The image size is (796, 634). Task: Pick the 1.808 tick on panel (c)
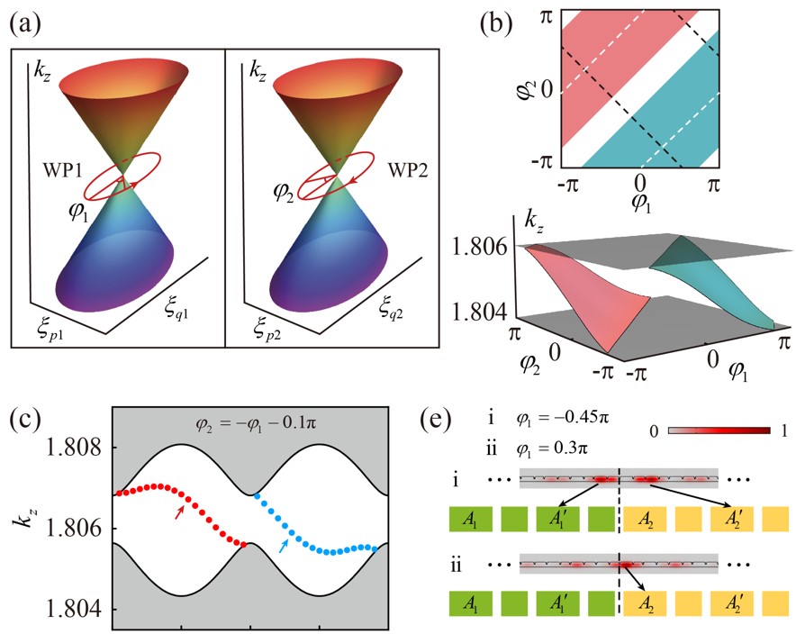click(x=70, y=448)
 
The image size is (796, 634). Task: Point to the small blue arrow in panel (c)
click(x=285, y=544)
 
